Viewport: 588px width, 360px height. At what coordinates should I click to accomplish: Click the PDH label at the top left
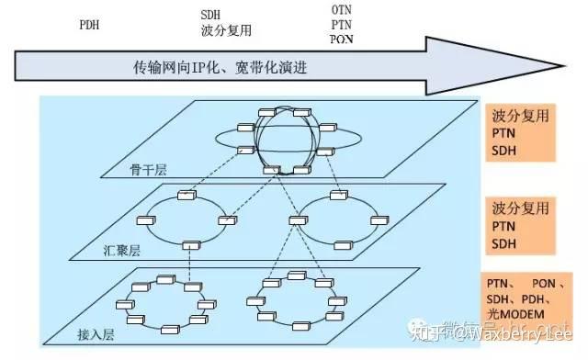point(88,25)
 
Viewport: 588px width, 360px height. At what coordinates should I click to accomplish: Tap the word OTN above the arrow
point(340,9)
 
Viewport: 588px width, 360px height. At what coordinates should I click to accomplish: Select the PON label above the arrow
point(340,39)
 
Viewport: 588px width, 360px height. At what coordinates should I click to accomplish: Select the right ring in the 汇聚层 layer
point(333,220)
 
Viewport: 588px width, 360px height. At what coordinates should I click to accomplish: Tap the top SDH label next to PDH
point(210,15)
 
